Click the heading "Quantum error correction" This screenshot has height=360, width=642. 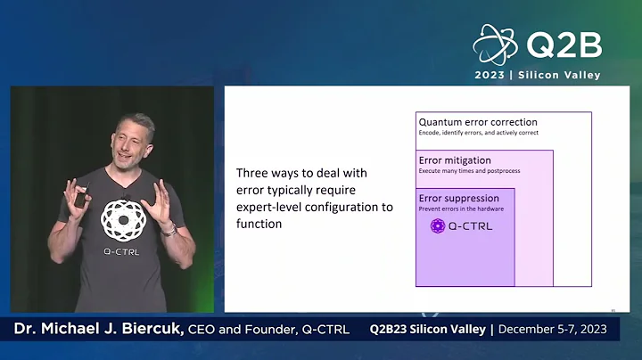[478, 122]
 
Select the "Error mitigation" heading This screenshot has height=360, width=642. [454, 160]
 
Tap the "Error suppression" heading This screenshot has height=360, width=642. [458, 199]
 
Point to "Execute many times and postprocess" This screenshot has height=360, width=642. [469, 170]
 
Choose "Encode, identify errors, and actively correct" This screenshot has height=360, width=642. [478, 133]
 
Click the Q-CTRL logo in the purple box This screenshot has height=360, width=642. [461, 226]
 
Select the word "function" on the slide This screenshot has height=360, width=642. [259, 224]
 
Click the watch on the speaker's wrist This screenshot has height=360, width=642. [169, 229]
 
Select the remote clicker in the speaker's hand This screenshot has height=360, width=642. [80, 198]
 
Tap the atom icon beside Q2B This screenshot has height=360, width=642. [496, 45]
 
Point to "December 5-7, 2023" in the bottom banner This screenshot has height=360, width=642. [553, 330]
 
